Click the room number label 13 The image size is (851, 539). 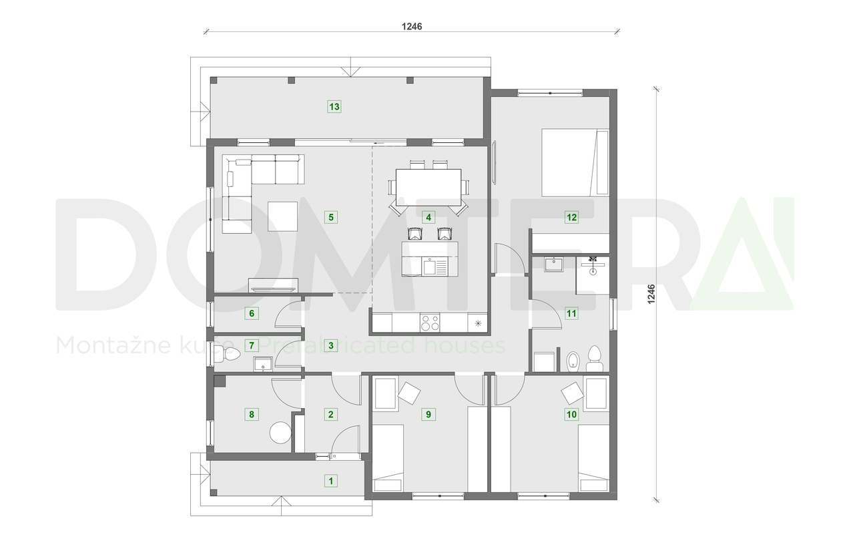point(334,106)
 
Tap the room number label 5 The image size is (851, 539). point(330,216)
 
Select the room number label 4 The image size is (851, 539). point(429,216)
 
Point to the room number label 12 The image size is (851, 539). point(571,216)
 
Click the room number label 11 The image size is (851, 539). point(571,312)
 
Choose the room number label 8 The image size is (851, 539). point(251,414)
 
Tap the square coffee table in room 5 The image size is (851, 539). point(282,216)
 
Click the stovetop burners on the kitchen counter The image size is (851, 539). point(431,323)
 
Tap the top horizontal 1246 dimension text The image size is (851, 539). point(412,27)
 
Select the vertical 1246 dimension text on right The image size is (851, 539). point(651,295)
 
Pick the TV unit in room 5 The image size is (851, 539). point(272,286)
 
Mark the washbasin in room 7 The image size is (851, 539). point(263,364)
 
